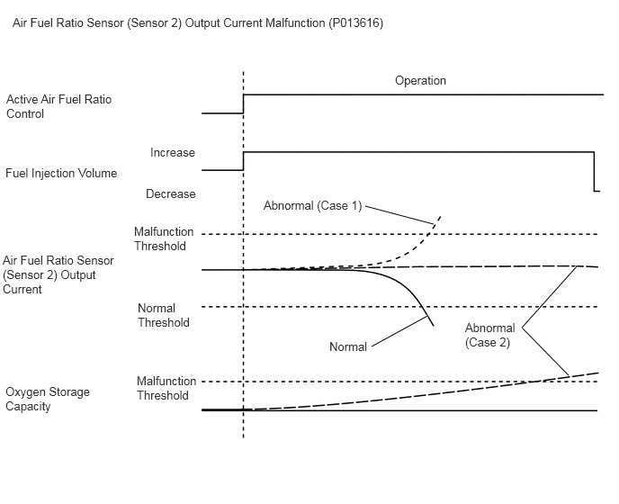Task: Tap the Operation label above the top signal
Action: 420,81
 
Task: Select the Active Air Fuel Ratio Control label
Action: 58,106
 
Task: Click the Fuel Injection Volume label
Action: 61,173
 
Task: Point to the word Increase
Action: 173,152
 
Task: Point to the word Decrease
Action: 171,193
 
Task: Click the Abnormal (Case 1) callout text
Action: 313,205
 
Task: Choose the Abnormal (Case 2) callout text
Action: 489,335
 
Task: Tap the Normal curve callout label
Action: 348,346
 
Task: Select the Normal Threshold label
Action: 164,315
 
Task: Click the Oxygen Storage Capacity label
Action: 48,399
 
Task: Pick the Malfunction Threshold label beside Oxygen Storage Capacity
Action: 166,388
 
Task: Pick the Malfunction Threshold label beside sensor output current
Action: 164,238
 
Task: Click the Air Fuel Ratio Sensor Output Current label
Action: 58,274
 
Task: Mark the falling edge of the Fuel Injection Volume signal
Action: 594,171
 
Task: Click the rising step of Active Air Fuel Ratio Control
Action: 243,103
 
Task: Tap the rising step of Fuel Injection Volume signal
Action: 243,161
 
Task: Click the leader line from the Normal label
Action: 399,331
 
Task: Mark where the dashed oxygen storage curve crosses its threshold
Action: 538,382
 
